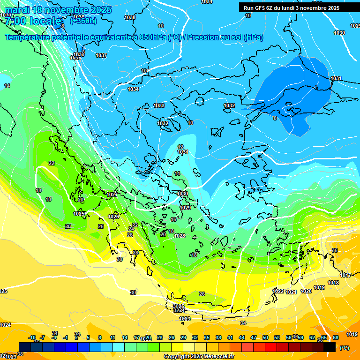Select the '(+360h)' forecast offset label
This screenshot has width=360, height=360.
tap(83, 21)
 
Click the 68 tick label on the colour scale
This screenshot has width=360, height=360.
tap(336, 337)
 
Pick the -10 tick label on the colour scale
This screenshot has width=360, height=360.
tap(32, 337)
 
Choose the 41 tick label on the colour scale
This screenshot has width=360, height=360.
tap(230, 337)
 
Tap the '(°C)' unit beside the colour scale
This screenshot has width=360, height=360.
tap(344, 348)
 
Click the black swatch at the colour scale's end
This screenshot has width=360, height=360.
tap(330, 347)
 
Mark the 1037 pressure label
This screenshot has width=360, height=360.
tap(101, 55)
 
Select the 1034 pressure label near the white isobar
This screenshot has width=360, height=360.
tap(134, 89)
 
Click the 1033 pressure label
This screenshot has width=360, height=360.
tap(159, 105)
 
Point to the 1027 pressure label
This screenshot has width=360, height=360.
tap(112, 195)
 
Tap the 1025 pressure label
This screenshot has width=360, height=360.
tap(79, 214)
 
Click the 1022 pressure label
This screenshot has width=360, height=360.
tap(278, 291)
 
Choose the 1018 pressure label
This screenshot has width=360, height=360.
tap(333, 283)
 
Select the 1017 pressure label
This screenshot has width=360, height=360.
tap(345, 275)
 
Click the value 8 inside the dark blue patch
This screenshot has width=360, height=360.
tap(275, 118)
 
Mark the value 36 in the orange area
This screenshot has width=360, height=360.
tap(335, 250)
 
